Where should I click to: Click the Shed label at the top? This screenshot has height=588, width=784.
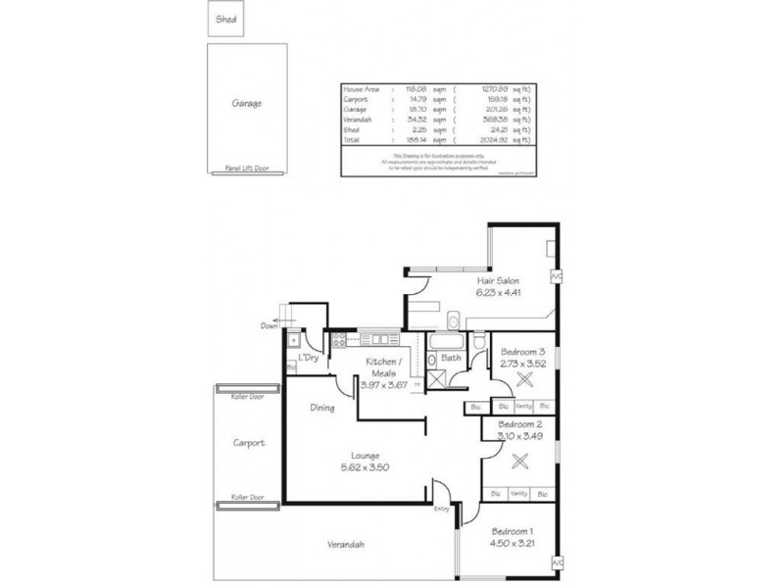click(225, 19)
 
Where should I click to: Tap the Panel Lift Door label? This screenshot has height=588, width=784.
click(246, 168)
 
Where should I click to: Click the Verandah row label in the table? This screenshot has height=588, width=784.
click(357, 120)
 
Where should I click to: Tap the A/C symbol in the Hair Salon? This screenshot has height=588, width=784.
click(557, 276)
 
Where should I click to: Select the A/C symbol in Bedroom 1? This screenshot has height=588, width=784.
click(557, 563)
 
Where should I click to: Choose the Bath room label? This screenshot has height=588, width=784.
click(451, 358)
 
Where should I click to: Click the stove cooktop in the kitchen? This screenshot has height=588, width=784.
click(340, 340)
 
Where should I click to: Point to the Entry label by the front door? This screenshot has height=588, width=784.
click(442, 508)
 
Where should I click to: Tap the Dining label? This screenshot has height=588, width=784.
click(322, 408)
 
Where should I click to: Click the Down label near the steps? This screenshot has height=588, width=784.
click(269, 325)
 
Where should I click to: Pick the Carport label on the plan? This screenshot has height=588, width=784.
click(249, 443)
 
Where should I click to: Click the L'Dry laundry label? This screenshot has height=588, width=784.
click(310, 358)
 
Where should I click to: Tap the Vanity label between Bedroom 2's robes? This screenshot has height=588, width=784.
click(519, 493)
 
